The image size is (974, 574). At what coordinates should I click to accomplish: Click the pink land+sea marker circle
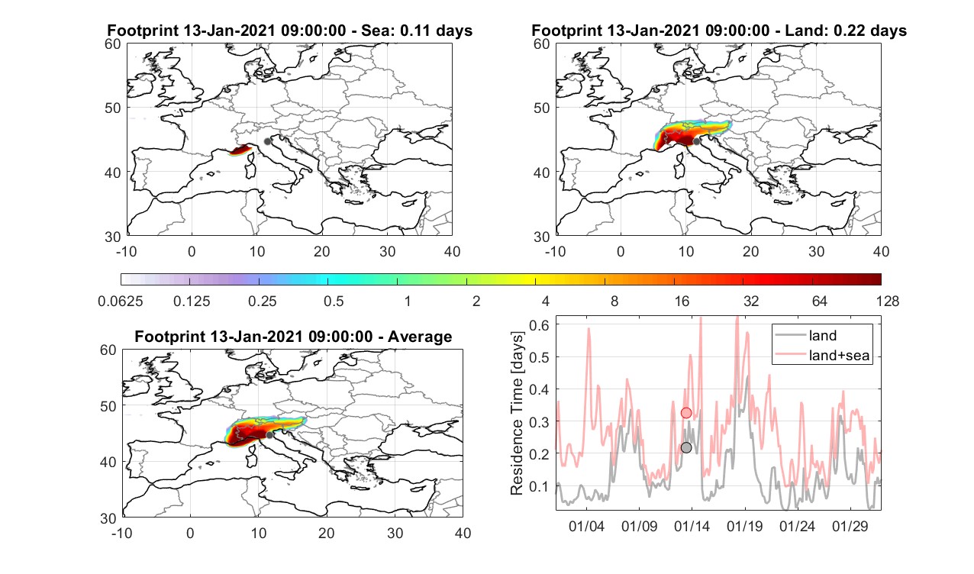(x=686, y=413)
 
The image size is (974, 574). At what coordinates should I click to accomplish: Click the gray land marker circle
(x=686, y=447)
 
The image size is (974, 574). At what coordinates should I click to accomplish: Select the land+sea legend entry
(x=822, y=355)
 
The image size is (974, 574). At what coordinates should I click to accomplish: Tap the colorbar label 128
(x=888, y=301)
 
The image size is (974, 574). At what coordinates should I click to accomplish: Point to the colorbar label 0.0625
(x=121, y=301)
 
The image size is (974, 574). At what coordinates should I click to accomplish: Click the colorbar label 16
(x=682, y=301)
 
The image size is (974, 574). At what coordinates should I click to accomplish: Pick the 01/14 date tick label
(x=692, y=526)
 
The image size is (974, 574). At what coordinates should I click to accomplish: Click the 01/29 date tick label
(x=850, y=526)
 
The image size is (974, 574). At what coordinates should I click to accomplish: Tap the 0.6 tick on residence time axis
(x=539, y=325)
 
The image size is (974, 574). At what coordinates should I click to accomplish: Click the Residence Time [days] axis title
(x=517, y=413)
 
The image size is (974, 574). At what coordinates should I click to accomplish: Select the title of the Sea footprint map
(x=289, y=31)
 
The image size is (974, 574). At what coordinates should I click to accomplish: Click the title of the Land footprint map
(x=719, y=31)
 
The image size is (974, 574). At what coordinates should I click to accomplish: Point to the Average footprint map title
(x=293, y=336)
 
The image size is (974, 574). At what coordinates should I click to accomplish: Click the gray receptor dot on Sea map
(x=267, y=141)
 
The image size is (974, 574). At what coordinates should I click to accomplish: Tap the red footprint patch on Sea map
(x=240, y=150)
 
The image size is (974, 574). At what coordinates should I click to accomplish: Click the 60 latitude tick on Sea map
(x=113, y=44)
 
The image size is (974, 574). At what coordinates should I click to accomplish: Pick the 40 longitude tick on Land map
(x=882, y=251)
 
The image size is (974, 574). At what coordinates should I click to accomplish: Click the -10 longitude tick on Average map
(x=122, y=533)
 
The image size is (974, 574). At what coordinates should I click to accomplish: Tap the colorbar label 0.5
(x=334, y=301)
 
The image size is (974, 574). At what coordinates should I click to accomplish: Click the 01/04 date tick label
(x=586, y=526)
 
